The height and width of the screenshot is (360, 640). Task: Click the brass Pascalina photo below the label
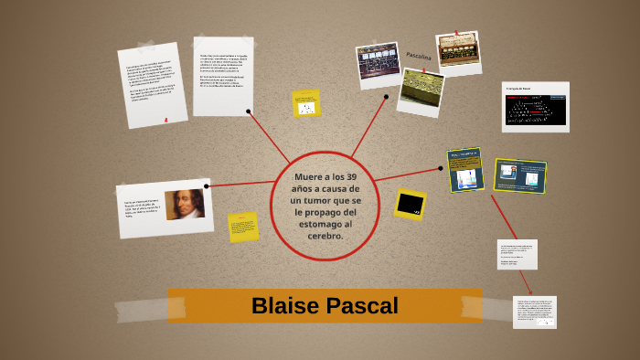(x=421, y=91)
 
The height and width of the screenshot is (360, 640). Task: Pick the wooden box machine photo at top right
(x=459, y=53)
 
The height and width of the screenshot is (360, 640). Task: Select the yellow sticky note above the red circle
(x=306, y=104)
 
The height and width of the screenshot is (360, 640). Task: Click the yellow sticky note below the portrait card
(x=243, y=227)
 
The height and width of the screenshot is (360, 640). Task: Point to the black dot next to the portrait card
(x=208, y=185)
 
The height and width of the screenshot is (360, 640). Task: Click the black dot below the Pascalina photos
(x=386, y=96)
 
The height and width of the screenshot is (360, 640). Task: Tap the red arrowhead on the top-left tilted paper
(x=165, y=121)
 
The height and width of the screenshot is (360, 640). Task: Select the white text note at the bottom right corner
(x=535, y=312)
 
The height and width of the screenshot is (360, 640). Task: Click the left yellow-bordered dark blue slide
(x=465, y=170)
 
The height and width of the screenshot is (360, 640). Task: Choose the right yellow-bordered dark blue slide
(x=519, y=175)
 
